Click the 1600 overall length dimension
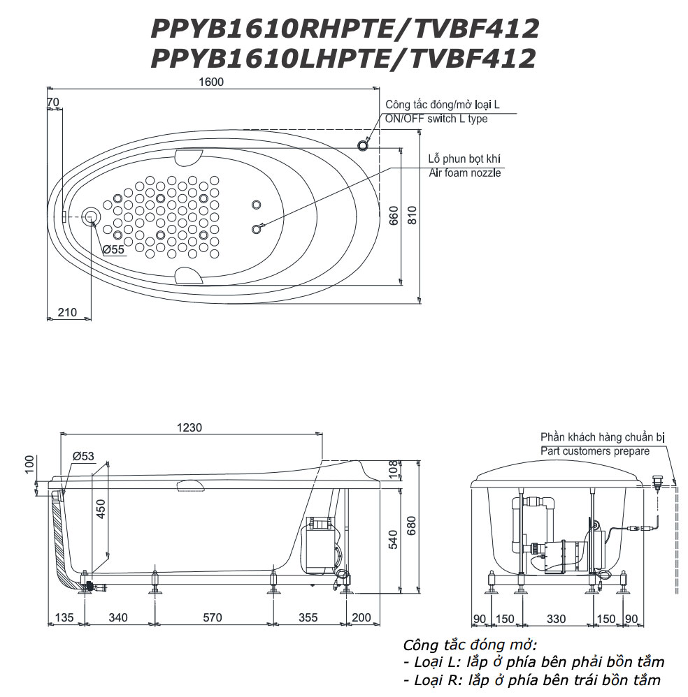coord(211,82)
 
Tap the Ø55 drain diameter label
coord(113,249)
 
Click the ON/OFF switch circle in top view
coord(362,145)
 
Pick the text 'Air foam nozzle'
coord(464,173)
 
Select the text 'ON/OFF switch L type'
coord(436,119)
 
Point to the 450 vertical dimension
coord(101,511)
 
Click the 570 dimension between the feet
coord(212,617)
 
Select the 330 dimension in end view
coord(556,618)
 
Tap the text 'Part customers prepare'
coord(594,451)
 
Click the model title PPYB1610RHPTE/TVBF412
coord(345,29)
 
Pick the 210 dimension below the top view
coord(67,312)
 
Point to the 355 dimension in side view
coord(308,617)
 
